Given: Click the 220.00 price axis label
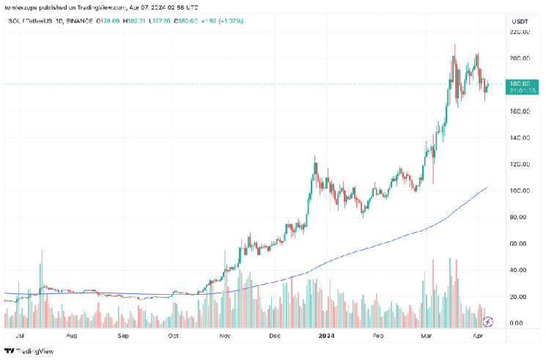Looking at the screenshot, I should point(520,32).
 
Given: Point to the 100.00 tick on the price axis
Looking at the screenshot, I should point(520,191).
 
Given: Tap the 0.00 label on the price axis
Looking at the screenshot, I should point(517,323).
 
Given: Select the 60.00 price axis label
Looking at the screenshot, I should point(519,243).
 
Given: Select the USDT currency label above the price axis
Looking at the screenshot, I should point(519,22).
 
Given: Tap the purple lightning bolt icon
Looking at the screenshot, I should point(489,321).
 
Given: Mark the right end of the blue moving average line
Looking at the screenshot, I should point(487,188).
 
